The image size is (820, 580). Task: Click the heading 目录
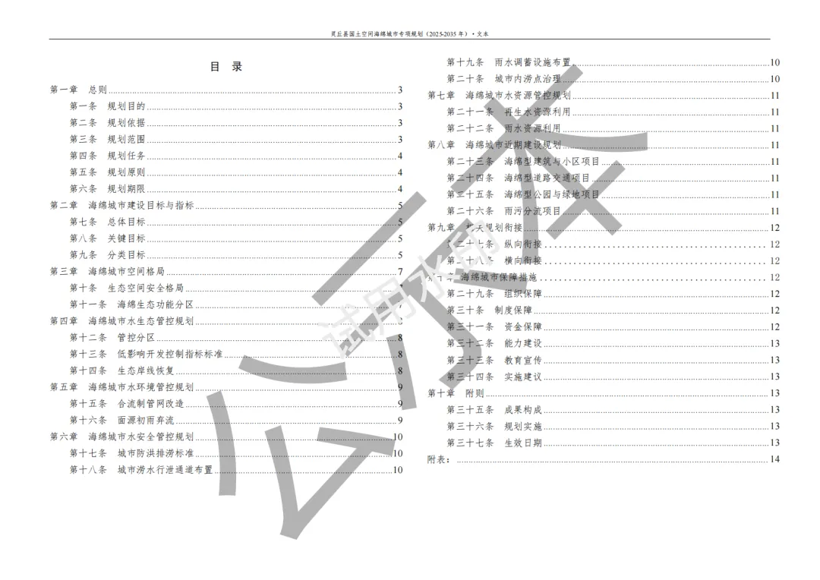[x=225, y=67]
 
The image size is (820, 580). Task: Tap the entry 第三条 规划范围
[x=107, y=140]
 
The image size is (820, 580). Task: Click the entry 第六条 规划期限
[x=107, y=189]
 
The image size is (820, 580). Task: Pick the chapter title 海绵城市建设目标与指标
[x=140, y=206]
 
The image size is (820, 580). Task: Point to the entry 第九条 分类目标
[x=107, y=255]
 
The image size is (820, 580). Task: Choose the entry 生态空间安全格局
[x=150, y=288]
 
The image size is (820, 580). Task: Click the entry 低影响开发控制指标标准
[x=169, y=354]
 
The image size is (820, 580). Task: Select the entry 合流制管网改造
[x=150, y=403]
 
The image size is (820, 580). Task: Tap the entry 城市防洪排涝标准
[x=155, y=453]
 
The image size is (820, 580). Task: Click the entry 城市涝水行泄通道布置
[x=165, y=470]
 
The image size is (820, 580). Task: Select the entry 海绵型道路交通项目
[x=546, y=178]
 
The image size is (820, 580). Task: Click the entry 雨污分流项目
[x=532, y=211]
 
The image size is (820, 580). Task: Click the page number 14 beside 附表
[x=774, y=459]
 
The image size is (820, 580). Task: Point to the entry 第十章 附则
[x=456, y=393]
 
